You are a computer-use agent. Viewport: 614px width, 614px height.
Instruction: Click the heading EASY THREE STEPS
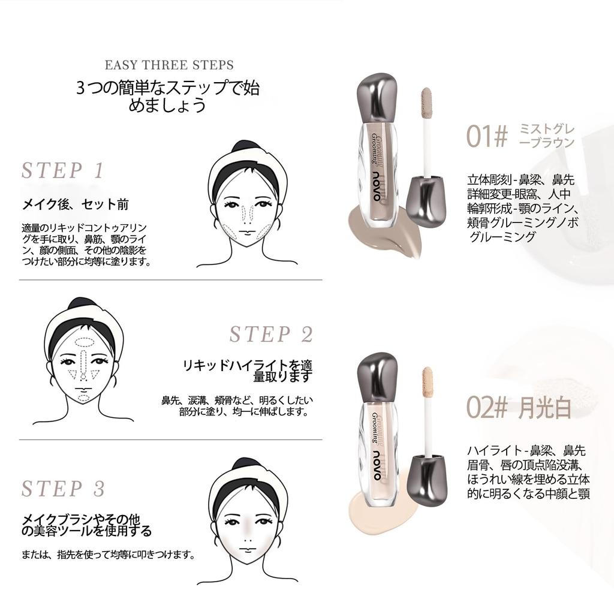[x=169, y=65]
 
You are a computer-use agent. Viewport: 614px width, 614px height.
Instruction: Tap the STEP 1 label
[x=62, y=171]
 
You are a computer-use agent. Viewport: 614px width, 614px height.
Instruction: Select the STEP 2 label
[x=271, y=335]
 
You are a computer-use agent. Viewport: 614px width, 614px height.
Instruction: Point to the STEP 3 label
[x=63, y=489]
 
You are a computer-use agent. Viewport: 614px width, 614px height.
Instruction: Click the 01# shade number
[x=487, y=137]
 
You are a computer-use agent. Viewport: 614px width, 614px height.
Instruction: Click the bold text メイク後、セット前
[x=76, y=204]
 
